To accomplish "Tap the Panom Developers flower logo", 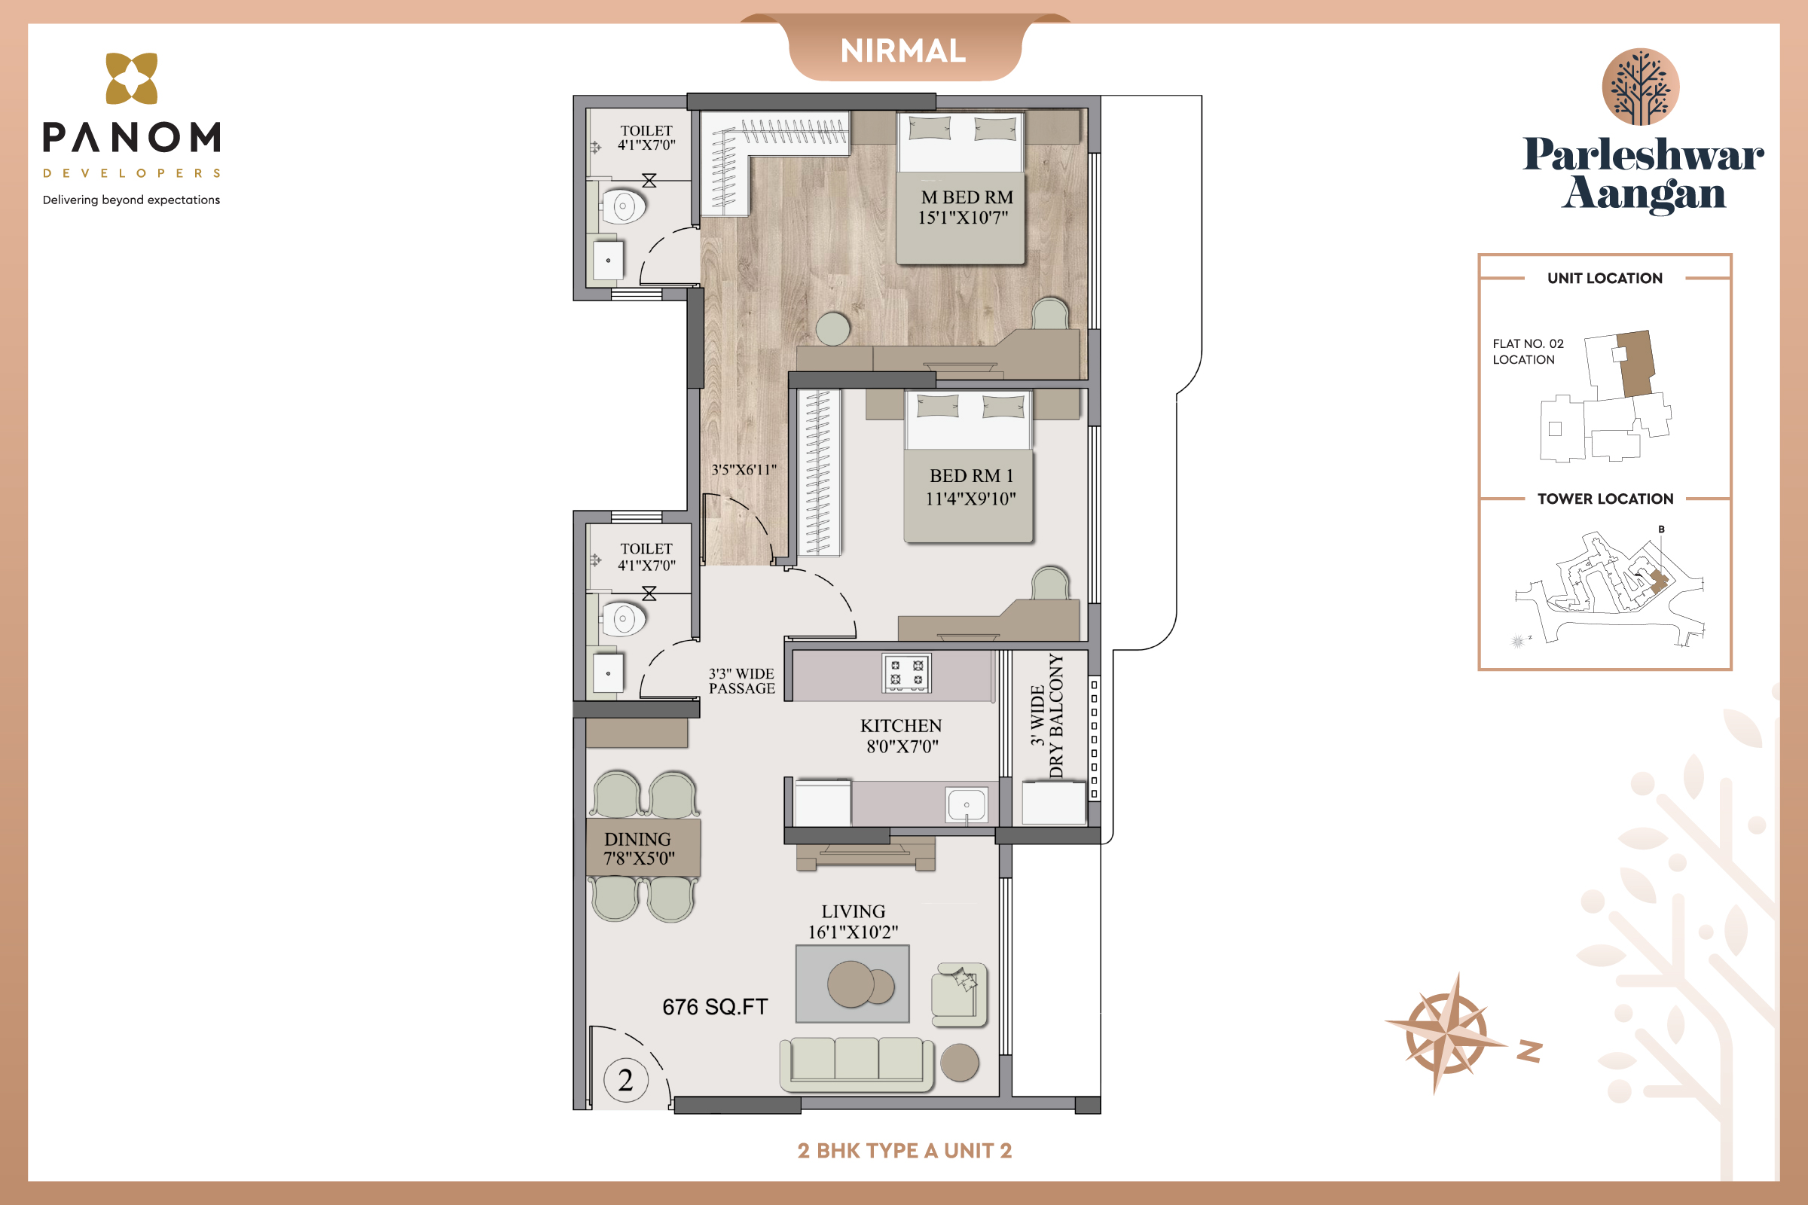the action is pyautogui.click(x=131, y=78).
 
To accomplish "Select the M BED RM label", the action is pyautogui.click(x=967, y=197).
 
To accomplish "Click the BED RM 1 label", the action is pyautogui.click(x=971, y=476).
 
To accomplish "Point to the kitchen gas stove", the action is pyautogui.click(x=906, y=673).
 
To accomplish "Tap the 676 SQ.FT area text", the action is pyautogui.click(x=715, y=1007).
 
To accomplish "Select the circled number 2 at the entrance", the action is pyautogui.click(x=626, y=1081).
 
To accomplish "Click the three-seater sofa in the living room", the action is pyautogui.click(x=857, y=1064).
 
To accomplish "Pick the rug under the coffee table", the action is pyautogui.click(x=852, y=984).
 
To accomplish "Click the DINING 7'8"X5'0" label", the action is pyautogui.click(x=638, y=849).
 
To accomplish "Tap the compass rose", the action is pyautogui.click(x=1445, y=1033).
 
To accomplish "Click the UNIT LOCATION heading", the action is pyautogui.click(x=1605, y=278).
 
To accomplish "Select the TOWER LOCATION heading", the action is pyautogui.click(x=1605, y=499).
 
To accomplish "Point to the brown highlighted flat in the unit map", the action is pyautogui.click(x=1635, y=364).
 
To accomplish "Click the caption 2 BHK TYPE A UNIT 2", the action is pyautogui.click(x=905, y=1151).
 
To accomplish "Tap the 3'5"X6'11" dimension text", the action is pyautogui.click(x=744, y=469).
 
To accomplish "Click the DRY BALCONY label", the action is pyautogui.click(x=1056, y=715).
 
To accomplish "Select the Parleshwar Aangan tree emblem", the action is pyautogui.click(x=1641, y=87).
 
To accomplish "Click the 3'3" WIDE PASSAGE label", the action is pyautogui.click(x=742, y=681).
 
